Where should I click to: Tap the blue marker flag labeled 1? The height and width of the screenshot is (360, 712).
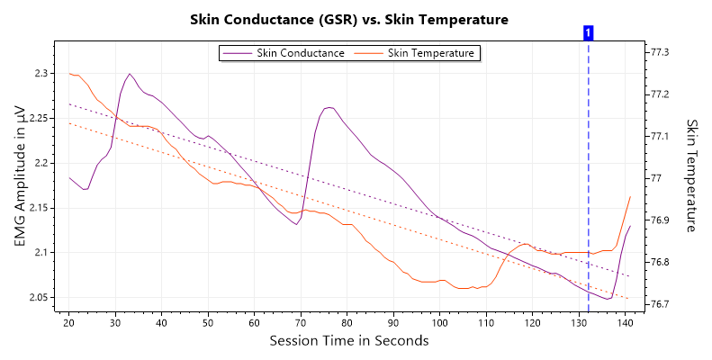coord(588,32)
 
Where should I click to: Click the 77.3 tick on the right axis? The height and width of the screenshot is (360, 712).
coord(661,53)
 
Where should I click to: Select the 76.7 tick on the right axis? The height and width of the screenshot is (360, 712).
coord(661,304)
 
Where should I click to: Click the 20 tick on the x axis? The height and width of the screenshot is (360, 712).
coord(69,322)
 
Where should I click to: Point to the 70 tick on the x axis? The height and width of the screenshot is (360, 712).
coord(301,322)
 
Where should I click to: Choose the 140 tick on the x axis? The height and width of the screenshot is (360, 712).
coord(625,322)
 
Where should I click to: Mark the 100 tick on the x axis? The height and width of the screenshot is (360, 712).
coord(439,322)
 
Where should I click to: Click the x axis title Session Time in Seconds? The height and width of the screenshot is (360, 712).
coord(349,341)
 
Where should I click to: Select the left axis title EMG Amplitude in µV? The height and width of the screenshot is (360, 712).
coord(20,175)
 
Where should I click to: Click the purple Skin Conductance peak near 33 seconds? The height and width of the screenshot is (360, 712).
coord(130,74)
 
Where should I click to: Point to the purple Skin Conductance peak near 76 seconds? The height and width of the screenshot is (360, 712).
coord(329,107)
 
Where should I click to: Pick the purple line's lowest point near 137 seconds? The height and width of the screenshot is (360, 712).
coord(609,299)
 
